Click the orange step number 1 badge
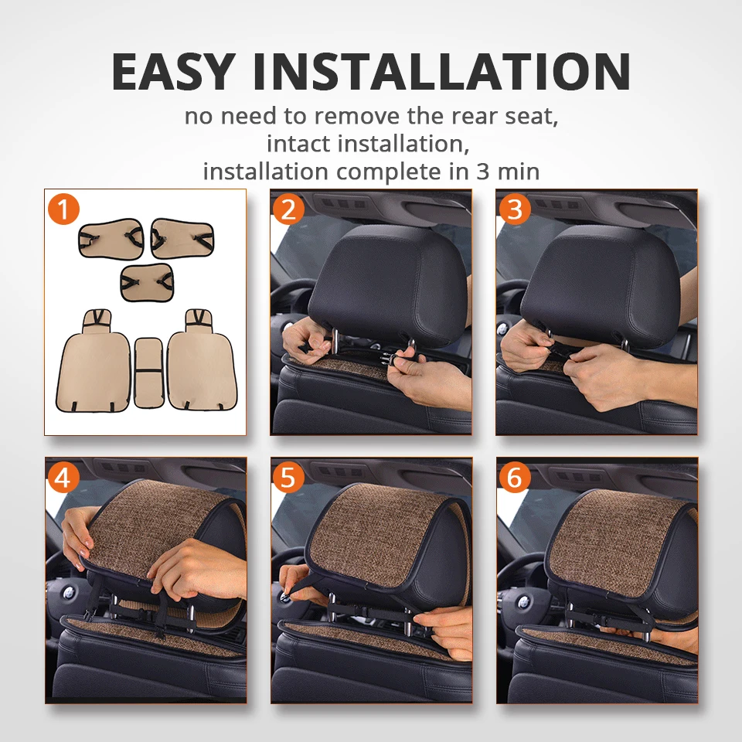(63, 209)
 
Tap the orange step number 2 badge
(288, 209)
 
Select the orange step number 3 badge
(514, 209)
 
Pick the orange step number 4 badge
(63, 477)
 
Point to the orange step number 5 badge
(288, 477)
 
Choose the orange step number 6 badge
(514, 477)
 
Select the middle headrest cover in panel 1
(147, 281)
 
